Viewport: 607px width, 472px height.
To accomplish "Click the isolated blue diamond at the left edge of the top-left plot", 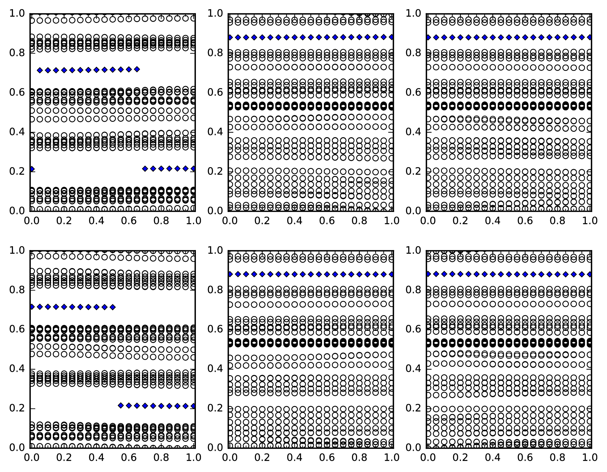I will click(x=31, y=169).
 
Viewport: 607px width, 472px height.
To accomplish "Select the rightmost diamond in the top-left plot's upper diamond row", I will click(x=137, y=69).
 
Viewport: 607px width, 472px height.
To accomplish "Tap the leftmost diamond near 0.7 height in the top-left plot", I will click(x=40, y=70).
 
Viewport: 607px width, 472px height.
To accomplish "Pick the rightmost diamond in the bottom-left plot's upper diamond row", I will click(x=113, y=307).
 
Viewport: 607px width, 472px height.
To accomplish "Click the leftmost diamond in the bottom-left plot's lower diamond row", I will click(x=121, y=405).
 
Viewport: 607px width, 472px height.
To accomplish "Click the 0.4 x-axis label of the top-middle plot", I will click(x=294, y=221).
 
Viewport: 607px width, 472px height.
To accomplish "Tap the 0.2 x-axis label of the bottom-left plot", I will click(x=64, y=458).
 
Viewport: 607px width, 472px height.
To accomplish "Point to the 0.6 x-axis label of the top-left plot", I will click(x=129, y=221).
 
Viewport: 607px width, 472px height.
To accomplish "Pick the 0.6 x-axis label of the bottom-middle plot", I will click(x=327, y=458).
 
